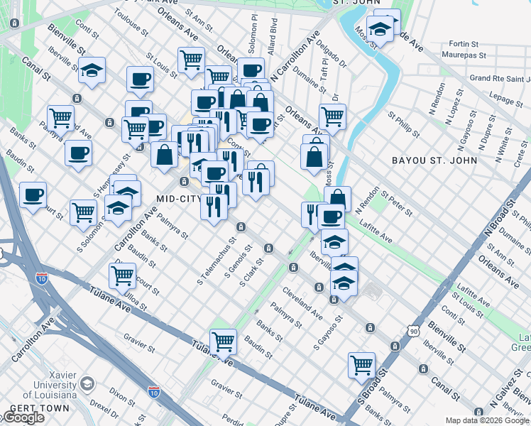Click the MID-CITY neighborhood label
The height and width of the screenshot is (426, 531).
click(x=179, y=198)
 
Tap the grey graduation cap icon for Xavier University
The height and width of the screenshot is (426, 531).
click(x=87, y=384)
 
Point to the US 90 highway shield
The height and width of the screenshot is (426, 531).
click(x=414, y=330)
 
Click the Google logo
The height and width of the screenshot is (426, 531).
click(x=23, y=417)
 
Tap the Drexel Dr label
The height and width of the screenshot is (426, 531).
click(x=104, y=409)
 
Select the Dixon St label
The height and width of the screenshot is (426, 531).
click(x=122, y=391)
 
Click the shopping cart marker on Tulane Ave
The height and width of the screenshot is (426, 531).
click(x=223, y=342)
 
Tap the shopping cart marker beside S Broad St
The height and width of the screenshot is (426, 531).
click(x=361, y=365)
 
